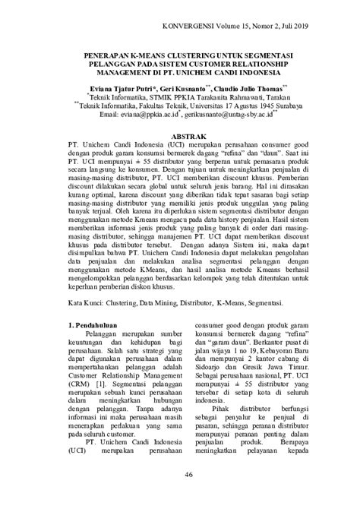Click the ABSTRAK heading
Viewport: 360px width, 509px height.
[x=179, y=132]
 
